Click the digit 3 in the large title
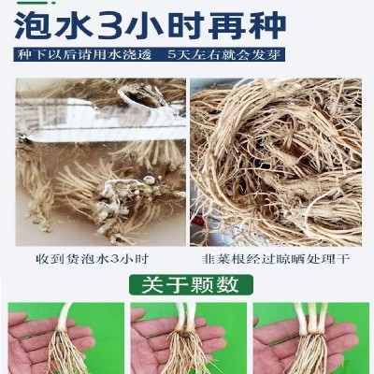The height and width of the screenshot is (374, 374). click(108, 25)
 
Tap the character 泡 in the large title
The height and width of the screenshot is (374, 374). click(32, 25)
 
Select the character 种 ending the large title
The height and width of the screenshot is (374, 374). click(267, 25)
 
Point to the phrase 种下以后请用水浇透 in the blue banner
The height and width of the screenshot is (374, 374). click(84, 54)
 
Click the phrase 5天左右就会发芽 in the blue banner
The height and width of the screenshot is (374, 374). click(224, 54)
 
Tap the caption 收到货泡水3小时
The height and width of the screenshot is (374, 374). click(93, 259)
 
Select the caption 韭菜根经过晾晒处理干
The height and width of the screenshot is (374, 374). click(276, 259)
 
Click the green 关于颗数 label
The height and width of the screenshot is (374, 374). click(191, 284)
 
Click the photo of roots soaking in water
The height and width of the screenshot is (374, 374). click(101, 162)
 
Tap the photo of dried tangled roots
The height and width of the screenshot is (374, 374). click(276, 162)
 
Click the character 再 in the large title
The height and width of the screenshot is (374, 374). click(228, 25)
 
